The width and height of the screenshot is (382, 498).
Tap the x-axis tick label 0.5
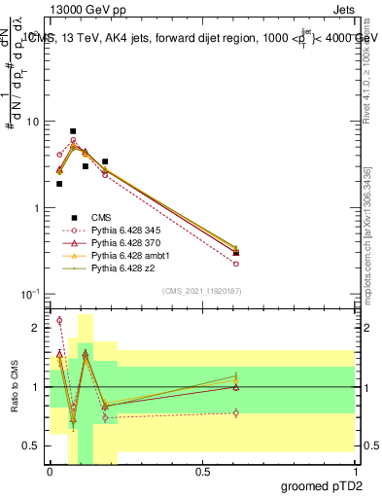tap(202, 472)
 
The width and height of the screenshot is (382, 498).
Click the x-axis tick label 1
tap(354, 472)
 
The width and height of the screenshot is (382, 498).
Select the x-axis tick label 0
tap(50, 472)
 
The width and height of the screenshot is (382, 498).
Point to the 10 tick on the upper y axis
tap(32, 123)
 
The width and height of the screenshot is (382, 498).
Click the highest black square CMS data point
tap(73, 131)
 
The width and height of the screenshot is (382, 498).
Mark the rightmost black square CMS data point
tap(236, 253)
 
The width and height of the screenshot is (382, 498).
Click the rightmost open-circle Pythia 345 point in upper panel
tap(236, 264)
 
